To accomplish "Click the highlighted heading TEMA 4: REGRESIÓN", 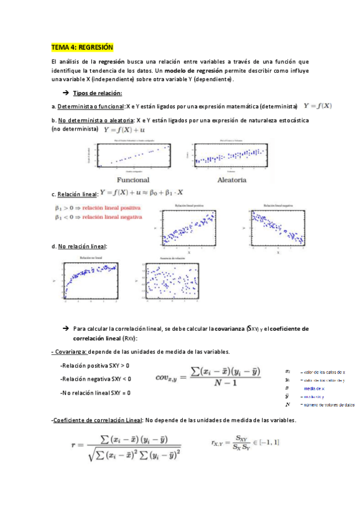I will click(82, 47).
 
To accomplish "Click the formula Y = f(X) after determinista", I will click(317, 106).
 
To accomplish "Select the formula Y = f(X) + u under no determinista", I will click(125, 129).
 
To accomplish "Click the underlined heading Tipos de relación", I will click(97, 93).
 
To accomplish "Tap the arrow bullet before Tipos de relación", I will click(66, 93).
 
